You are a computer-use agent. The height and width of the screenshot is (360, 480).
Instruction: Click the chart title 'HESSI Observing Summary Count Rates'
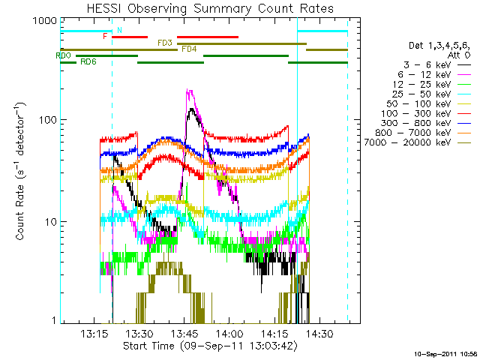(210, 8)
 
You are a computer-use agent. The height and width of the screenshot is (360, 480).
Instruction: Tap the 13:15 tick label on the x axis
(94, 333)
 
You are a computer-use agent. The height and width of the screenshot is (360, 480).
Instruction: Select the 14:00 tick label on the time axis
(229, 333)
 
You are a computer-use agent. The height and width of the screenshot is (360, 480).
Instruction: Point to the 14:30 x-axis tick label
(320, 333)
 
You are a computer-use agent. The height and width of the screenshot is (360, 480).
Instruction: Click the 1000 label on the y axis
(45, 20)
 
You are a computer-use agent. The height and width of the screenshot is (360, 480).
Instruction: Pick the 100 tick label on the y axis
(48, 120)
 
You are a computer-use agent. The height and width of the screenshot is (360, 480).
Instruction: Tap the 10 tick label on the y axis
(51, 222)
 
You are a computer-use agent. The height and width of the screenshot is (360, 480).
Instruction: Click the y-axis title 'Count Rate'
(19, 212)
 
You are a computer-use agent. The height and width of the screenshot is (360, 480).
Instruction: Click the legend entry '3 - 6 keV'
(427, 65)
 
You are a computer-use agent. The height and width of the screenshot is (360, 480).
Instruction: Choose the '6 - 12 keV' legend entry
(424, 75)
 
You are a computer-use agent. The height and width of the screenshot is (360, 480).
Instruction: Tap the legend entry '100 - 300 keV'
(415, 113)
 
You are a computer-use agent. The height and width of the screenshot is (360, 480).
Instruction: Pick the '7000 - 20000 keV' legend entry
(407, 142)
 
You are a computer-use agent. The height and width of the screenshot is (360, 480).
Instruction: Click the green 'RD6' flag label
(88, 61)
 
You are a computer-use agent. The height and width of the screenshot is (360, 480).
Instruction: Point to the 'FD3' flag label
(165, 43)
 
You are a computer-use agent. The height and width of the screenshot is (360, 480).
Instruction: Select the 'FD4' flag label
(189, 49)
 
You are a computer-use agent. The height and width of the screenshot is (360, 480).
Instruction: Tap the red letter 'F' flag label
(105, 37)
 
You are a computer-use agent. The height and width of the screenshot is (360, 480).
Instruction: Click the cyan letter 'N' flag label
(120, 30)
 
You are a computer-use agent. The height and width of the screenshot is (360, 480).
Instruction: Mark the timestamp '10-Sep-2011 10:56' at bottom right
(446, 355)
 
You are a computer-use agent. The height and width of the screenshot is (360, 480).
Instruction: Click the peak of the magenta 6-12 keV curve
(189, 89)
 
